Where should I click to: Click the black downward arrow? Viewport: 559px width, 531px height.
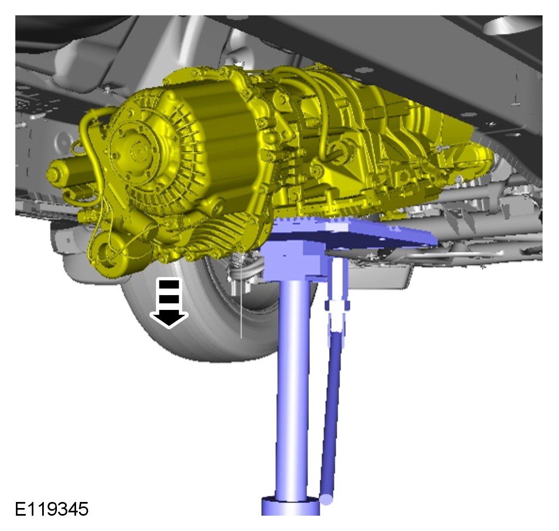(x=169, y=303)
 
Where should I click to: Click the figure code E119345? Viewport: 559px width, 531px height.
(x=51, y=509)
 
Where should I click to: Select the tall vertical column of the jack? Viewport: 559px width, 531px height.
(x=292, y=389)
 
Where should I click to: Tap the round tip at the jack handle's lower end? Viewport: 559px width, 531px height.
(x=326, y=499)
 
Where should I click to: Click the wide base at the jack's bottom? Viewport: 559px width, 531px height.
(x=291, y=506)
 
